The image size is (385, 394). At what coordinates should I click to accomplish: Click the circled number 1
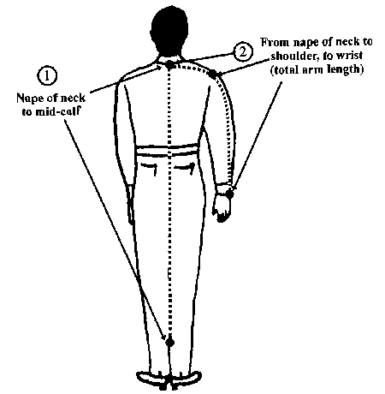[x=47, y=76]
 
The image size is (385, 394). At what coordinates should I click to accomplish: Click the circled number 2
[x=243, y=51]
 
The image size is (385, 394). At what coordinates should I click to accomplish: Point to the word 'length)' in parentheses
[x=346, y=69]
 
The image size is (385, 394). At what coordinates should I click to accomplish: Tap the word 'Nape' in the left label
[x=29, y=98]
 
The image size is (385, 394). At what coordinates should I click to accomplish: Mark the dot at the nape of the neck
[x=169, y=65]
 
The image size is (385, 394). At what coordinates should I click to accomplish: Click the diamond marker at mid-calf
[x=170, y=342]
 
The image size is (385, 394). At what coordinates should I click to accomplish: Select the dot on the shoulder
[x=213, y=74]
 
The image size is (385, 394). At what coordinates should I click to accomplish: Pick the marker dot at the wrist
[x=229, y=194]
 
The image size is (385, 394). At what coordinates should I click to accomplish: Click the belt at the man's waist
[x=168, y=150]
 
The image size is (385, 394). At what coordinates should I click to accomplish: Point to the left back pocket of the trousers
[x=149, y=169]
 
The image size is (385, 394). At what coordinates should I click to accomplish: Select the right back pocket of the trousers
[x=186, y=168]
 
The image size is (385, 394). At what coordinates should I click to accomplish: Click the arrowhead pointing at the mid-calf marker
[x=163, y=336]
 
